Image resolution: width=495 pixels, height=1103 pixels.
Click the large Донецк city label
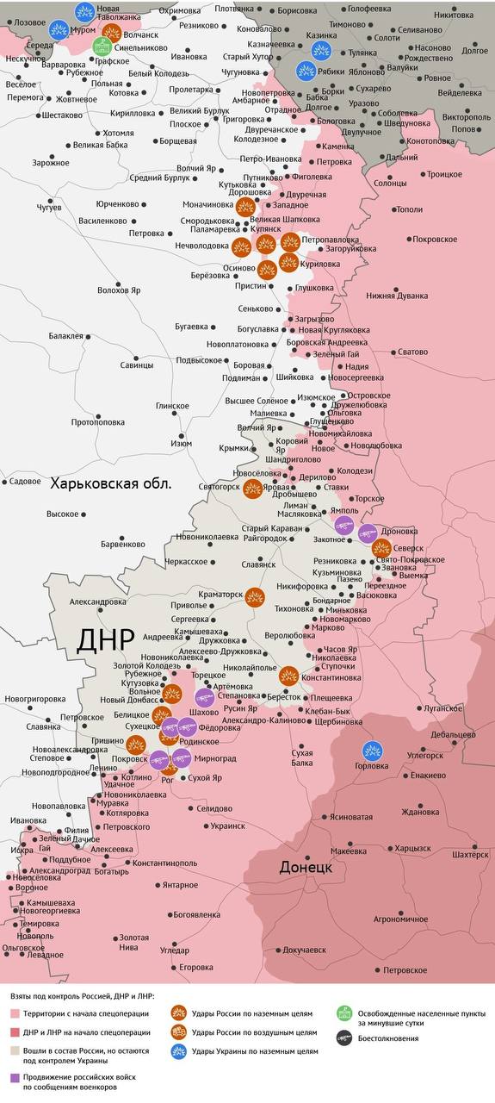306,867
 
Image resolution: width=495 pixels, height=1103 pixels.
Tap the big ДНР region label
106,639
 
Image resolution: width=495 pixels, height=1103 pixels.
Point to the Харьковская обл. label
111,483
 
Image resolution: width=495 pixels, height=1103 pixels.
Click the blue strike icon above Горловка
372,751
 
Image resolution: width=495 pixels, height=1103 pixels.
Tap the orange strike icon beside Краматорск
255,597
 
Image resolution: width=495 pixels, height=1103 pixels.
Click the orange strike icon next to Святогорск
252,489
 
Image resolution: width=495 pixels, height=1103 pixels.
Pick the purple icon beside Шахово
205,698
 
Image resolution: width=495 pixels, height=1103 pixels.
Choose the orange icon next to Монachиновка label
245,206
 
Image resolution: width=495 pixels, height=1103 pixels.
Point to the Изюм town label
181,443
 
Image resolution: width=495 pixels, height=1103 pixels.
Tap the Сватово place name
411,352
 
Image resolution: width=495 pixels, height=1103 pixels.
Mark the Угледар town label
175,950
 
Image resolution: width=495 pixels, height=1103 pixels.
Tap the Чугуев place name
49,208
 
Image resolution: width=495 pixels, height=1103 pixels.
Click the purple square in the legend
15,1078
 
